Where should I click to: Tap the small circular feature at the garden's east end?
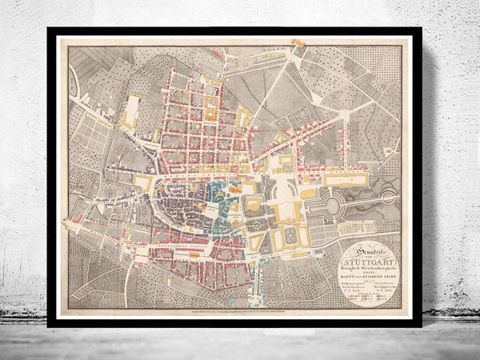point(390,197)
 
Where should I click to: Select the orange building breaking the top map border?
point(299,42)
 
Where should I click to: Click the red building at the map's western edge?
point(78,218)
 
